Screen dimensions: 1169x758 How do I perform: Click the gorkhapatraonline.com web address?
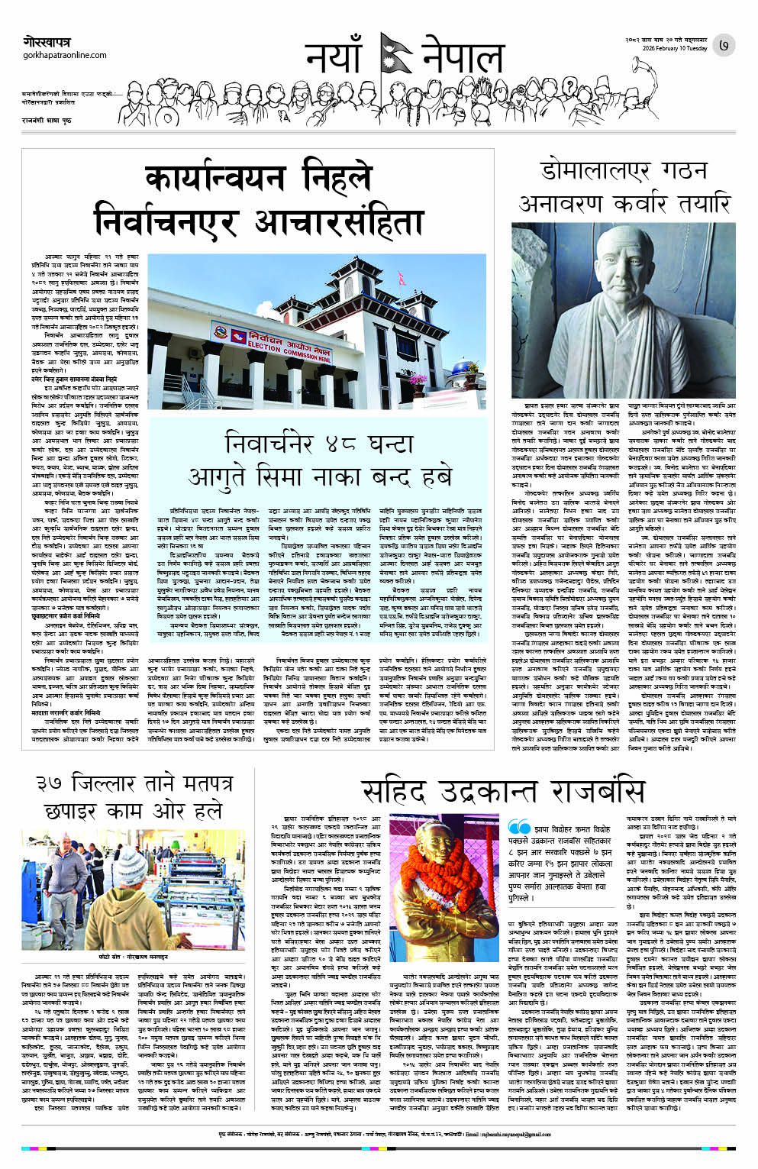(x=65, y=56)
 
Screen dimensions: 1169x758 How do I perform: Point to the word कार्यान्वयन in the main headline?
(x=215, y=180)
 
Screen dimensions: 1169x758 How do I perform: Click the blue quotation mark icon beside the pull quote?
(x=519, y=827)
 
